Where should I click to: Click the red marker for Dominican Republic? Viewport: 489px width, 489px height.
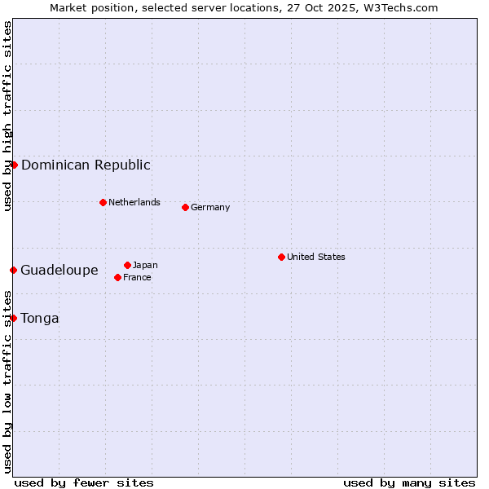[14, 165]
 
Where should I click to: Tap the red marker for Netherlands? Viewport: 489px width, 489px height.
[103, 202]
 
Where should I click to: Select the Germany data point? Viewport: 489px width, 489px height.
[185, 207]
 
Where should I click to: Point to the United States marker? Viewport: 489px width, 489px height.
[281, 257]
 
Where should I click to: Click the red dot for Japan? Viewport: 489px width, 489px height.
[127, 265]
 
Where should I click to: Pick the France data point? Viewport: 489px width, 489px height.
[117, 277]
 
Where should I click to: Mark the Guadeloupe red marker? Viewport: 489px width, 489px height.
[13, 270]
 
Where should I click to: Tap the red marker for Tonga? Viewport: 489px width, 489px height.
[13, 318]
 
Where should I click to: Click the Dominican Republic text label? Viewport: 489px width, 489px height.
[86, 165]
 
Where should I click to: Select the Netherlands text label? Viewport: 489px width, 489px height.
[134, 202]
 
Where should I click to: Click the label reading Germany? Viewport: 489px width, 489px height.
[210, 207]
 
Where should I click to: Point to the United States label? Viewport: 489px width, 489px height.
[316, 257]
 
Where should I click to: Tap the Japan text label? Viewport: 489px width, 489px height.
[145, 265]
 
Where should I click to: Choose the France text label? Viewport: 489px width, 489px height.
[137, 277]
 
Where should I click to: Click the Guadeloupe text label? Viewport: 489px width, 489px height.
[59, 270]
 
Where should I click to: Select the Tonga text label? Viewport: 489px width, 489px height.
[40, 318]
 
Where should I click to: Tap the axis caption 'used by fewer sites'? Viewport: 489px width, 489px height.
[84, 482]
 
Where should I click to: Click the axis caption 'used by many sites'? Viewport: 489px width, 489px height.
[409, 482]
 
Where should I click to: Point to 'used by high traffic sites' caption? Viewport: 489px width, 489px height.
[7, 116]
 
